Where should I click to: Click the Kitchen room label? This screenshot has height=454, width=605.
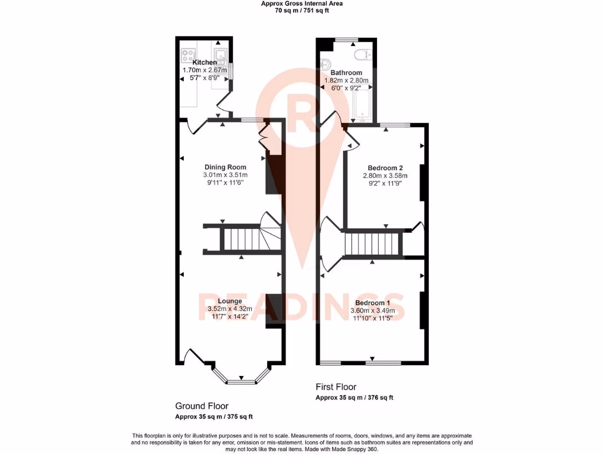click(204, 63)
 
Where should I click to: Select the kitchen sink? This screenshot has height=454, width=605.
click(220, 56)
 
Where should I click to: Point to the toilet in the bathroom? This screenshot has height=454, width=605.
click(360, 55)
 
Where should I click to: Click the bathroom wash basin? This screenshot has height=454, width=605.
click(325, 64)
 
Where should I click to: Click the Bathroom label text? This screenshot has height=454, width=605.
click(346, 73)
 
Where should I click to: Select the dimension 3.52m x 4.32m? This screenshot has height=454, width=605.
click(230, 309)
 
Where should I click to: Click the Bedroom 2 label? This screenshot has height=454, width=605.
click(385, 167)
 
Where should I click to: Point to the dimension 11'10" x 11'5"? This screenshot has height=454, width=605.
click(372, 318)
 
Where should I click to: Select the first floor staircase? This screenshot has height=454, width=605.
click(372, 244)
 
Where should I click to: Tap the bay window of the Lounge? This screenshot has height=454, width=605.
click(240, 378)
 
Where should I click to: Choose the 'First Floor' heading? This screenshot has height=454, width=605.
click(336, 387)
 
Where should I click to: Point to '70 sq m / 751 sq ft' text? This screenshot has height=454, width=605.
click(302, 11)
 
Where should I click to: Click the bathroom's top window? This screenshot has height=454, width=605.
click(346, 39)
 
